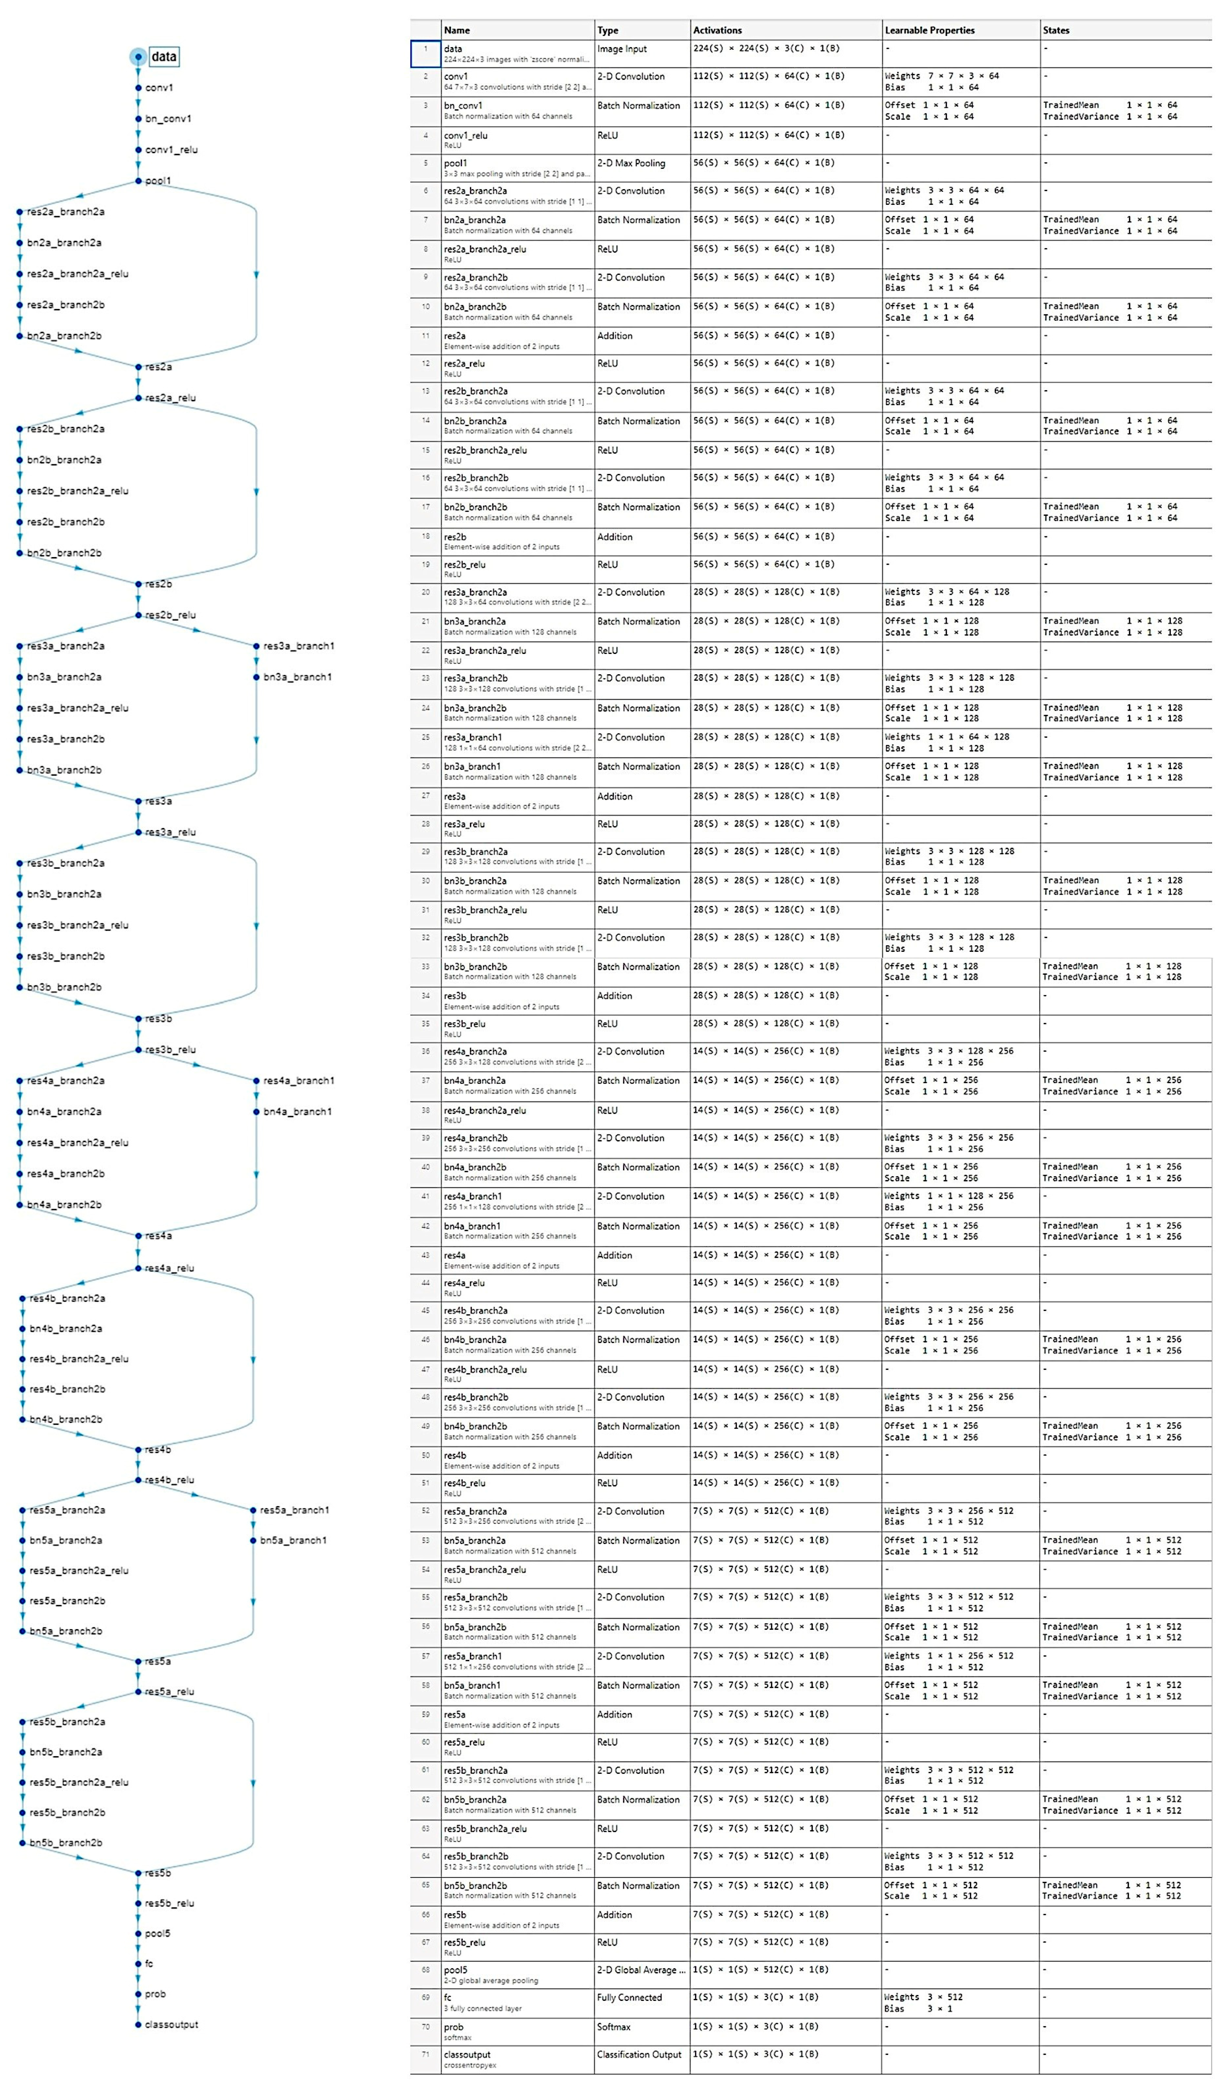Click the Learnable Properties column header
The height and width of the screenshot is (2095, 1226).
point(929,30)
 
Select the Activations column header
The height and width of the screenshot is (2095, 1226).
point(717,30)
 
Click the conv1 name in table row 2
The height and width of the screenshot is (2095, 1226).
point(455,77)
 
